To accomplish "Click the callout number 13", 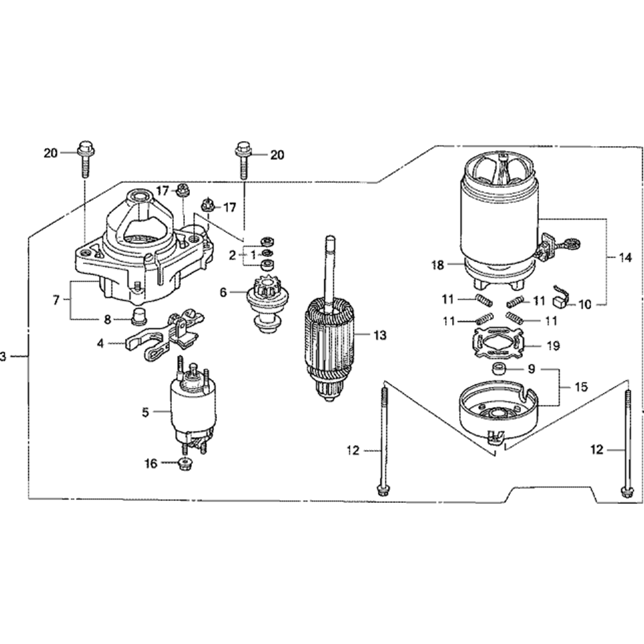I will tap(380, 334).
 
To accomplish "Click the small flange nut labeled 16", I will tap(184, 464).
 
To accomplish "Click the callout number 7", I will tap(57, 299).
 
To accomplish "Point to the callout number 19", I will tap(553, 345).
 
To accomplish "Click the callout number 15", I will tap(581, 387).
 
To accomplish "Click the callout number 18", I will tap(438, 264).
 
